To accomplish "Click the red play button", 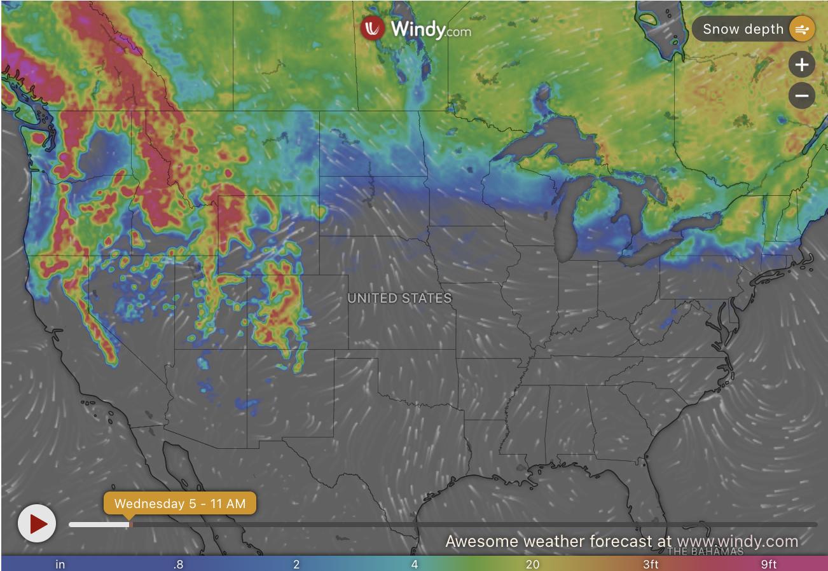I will [x=37, y=523].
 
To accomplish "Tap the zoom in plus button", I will [x=801, y=65].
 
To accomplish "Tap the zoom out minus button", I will [x=801, y=96].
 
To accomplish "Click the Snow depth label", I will [x=743, y=29].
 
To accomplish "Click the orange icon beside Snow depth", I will [x=801, y=29].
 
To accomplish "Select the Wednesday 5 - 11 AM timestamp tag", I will [x=180, y=504].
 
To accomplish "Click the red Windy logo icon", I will [x=373, y=28].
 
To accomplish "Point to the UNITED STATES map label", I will [x=399, y=298].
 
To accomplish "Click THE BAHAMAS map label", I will [x=705, y=551].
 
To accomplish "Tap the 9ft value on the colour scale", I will [x=768, y=564].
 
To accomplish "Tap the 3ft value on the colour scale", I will [x=650, y=564].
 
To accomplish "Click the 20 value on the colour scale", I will [x=532, y=564].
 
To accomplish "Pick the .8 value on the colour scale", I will [x=178, y=564].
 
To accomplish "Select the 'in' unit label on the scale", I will [x=60, y=564].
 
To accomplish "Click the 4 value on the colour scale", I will [x=415, y=564].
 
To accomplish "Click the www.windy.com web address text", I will [x=737, y=541].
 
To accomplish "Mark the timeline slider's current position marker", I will [x=130, y=525].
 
